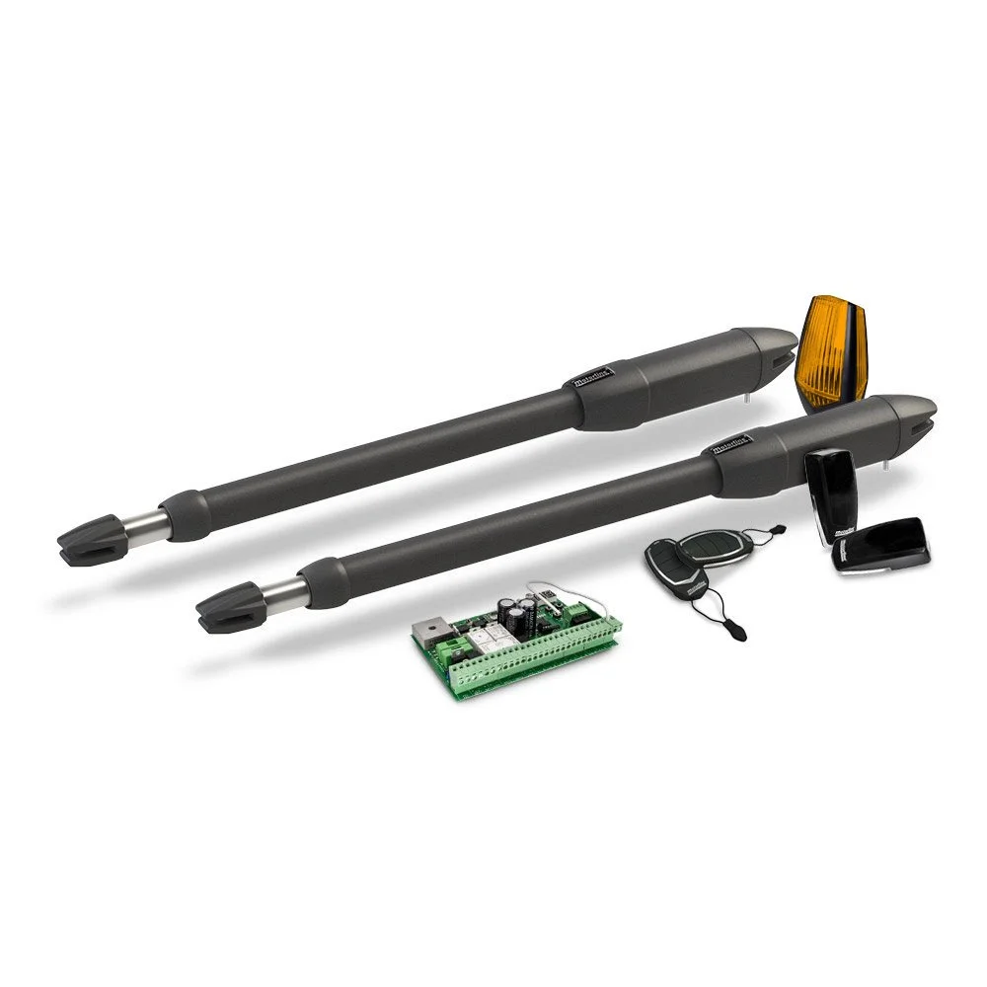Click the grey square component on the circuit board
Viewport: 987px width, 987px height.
[435, 632]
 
